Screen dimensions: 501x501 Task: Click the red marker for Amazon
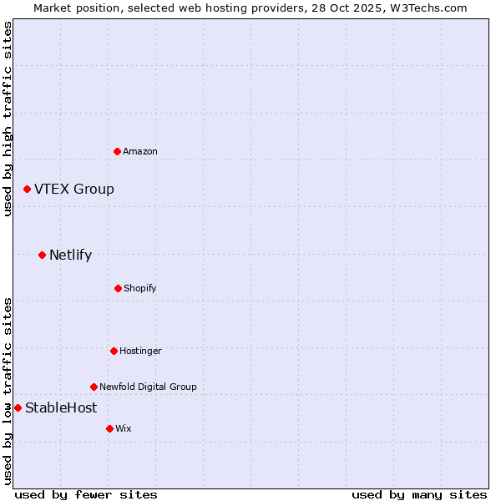click(117, 151)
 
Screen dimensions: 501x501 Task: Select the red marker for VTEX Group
click(27, 190)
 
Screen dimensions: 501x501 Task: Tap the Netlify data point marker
click(42, 255)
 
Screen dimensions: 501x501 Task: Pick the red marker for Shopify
click(118, 288)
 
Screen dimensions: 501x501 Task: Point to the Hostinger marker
click(114, 351)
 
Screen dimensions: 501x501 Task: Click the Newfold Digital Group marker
click(94, 387)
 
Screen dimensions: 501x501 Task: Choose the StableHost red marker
click(18, 407)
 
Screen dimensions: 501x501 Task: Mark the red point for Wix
click(109, 428)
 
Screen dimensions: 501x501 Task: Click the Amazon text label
click(140, 151)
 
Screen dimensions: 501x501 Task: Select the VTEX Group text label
click(74, 190)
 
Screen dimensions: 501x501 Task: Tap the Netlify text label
click(71, 256)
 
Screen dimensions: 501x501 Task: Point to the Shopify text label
click(140, 288)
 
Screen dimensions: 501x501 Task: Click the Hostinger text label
click(140, 351)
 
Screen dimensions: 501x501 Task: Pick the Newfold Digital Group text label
click(149, 387)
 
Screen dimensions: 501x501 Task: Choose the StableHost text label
click(61, 408)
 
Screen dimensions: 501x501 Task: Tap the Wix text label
click(124, 428)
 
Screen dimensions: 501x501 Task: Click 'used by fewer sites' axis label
click(86, 494)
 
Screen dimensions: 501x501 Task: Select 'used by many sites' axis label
click(419, 494)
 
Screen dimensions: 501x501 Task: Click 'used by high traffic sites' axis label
click(8, 119)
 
